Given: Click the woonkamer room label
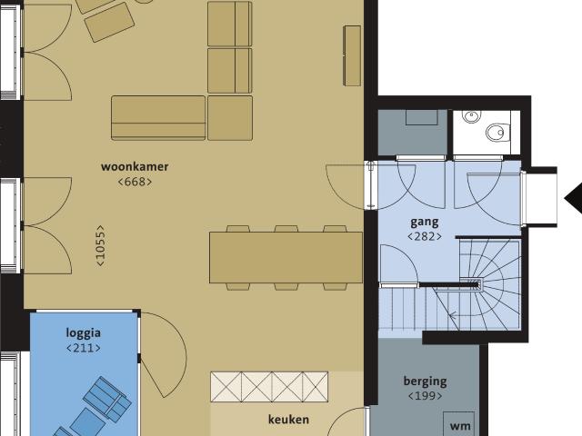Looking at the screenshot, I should click(135, 167).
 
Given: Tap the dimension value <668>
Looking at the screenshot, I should click(135, 182).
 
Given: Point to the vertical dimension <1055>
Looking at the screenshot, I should click(100, 245).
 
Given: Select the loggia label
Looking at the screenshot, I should click(84, 332).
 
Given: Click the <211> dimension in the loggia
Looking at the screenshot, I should click(84, 347).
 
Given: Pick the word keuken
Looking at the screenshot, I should click(288, 420).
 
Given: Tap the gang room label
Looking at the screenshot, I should click(425, 222).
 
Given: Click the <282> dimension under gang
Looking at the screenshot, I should click(425, 236).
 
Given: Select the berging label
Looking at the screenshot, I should click(425, 381).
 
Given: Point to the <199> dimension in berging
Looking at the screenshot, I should click(425, 396).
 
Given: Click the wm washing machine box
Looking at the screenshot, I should click(460, 425).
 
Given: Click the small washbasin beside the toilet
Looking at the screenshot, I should click(471, 117).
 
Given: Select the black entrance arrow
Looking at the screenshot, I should click(574, 197).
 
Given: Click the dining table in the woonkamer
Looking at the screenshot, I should click(286, 257).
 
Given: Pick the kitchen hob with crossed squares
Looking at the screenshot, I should click(269, 386).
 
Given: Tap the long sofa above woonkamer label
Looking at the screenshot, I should click(158, 117).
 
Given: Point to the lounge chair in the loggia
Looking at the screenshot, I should click(107, 398).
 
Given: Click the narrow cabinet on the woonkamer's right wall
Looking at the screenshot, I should click(352, 55).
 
